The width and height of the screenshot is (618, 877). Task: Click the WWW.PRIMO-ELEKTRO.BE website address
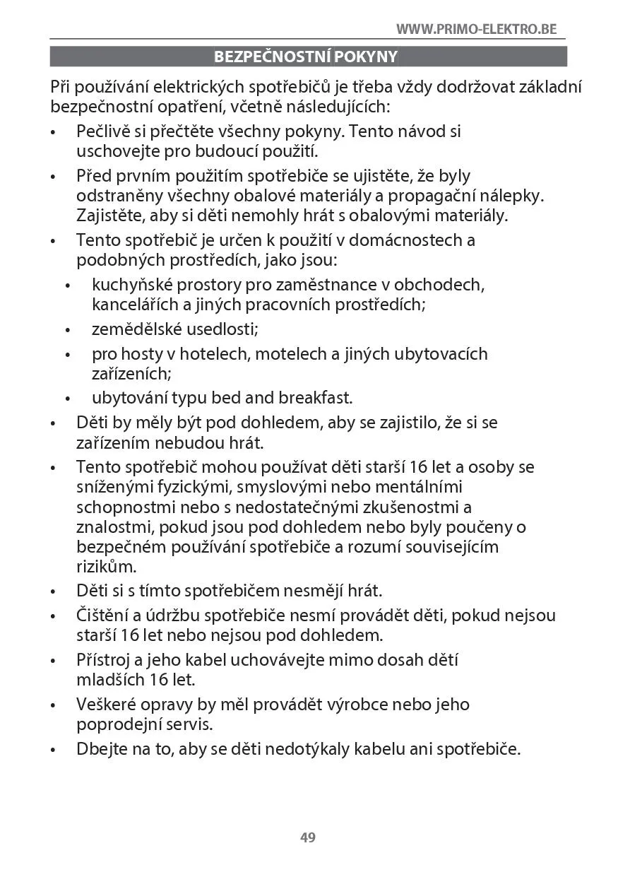coord(476,29)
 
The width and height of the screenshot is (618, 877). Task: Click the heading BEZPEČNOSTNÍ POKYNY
coord(307,57)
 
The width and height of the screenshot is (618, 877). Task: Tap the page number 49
coord(308,837)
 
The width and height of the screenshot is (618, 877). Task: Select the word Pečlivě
coord(105,131)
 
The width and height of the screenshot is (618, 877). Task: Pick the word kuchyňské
coord(129,285)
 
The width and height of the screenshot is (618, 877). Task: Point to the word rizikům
coord(106,567)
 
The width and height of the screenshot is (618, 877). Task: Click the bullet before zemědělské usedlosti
coord(68,330)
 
